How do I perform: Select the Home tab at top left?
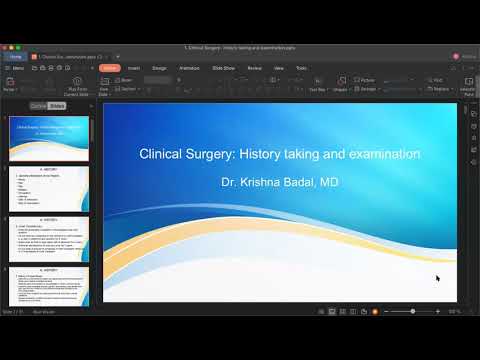[16, 56]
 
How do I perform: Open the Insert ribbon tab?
[133, 67]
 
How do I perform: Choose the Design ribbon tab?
[159, 67]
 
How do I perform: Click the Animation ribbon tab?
[189, 67]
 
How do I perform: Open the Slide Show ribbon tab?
[222, 67]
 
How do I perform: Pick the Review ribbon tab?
[254, 67]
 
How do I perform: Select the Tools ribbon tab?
[301, 67]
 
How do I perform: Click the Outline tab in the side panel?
[38, 105]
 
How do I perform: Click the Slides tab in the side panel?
[57, 105]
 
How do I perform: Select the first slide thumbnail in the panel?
[50, 139]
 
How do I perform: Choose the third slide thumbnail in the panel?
[50, 239]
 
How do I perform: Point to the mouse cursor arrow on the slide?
[437, 277]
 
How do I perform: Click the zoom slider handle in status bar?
[413, 311]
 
